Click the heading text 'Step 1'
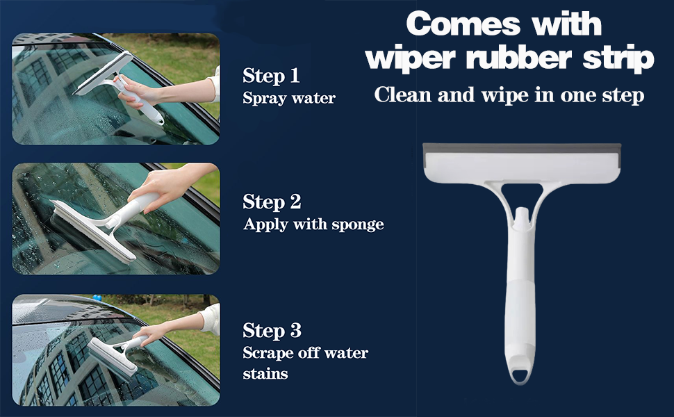coord(272,76)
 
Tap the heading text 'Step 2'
coord(272,202)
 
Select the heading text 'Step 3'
coord(272,330)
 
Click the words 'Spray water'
coord(289,98)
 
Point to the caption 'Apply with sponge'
coord(313,224)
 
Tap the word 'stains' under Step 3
coord(265,374)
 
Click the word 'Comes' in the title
coord(461,24)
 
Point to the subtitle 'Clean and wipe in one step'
coord(509,95)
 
